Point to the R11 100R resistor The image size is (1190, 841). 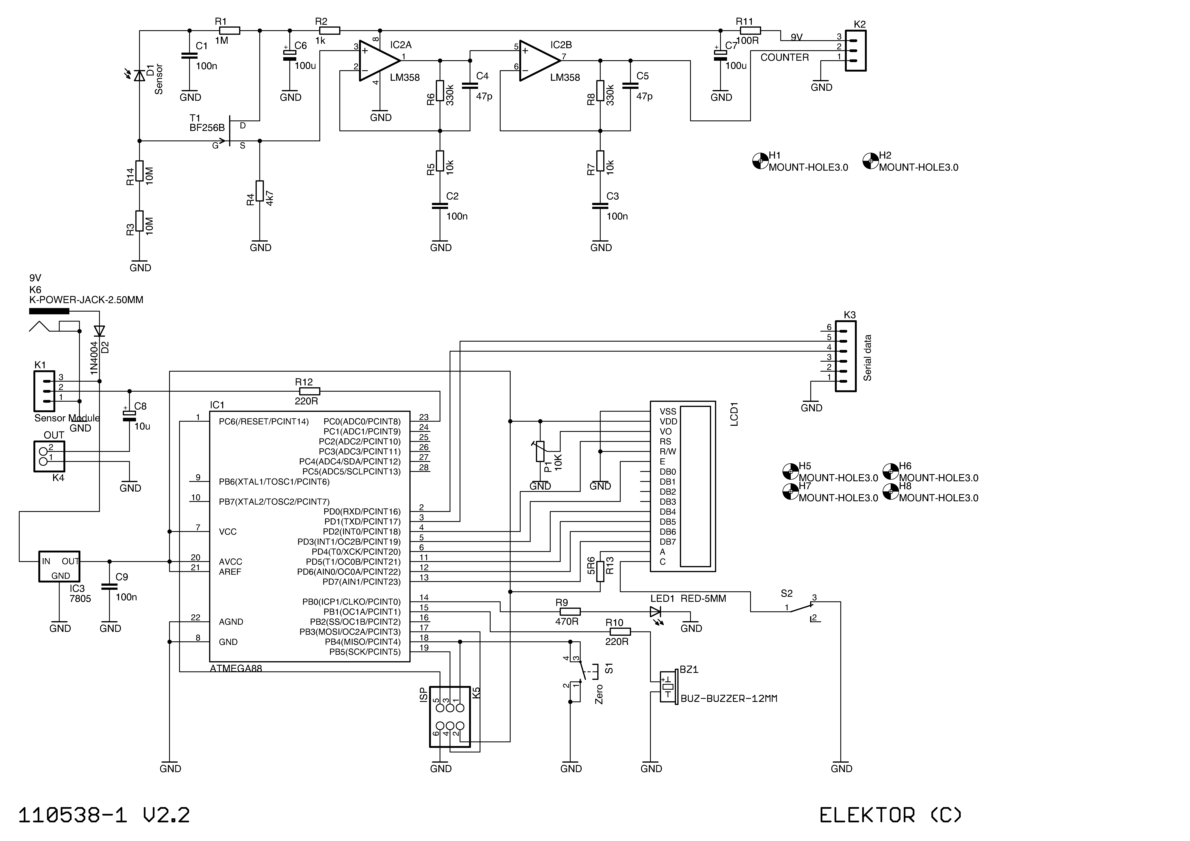coord(750,31)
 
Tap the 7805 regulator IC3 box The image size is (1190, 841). coord(60,566)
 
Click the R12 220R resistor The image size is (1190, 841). coord(309,391)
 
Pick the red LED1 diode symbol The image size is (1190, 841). coord(656,612)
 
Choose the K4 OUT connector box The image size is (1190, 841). coord(49,456)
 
